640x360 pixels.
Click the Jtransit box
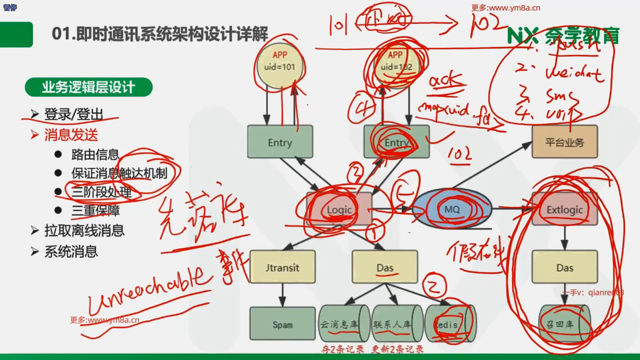(x=282, y=267)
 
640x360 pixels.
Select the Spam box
(x=282, y=324)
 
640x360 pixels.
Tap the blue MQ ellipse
(x=452, y=209)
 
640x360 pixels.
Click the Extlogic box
(x=565, y=209)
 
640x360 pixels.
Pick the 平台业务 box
(x=565, y=142)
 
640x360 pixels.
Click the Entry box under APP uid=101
(x=280, y=142)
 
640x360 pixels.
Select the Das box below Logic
(x=385, y=267)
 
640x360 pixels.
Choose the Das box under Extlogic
(x=565, y=267)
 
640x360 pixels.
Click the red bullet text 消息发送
(x=71, y=135)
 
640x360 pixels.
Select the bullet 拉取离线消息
(x=84, y=231)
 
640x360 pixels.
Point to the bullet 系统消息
(x=71, y=252)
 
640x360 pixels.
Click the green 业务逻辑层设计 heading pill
(x=88, y=87)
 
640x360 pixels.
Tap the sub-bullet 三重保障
(x=95, y=211)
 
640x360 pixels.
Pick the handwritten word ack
(x=446, y=81)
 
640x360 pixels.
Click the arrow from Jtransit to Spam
(x=282, y=295)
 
